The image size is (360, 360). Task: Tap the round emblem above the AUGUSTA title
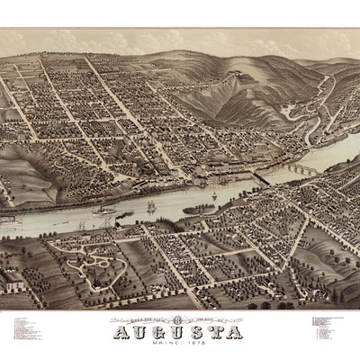(179, 318)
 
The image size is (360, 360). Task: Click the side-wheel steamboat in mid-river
(103, 212)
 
